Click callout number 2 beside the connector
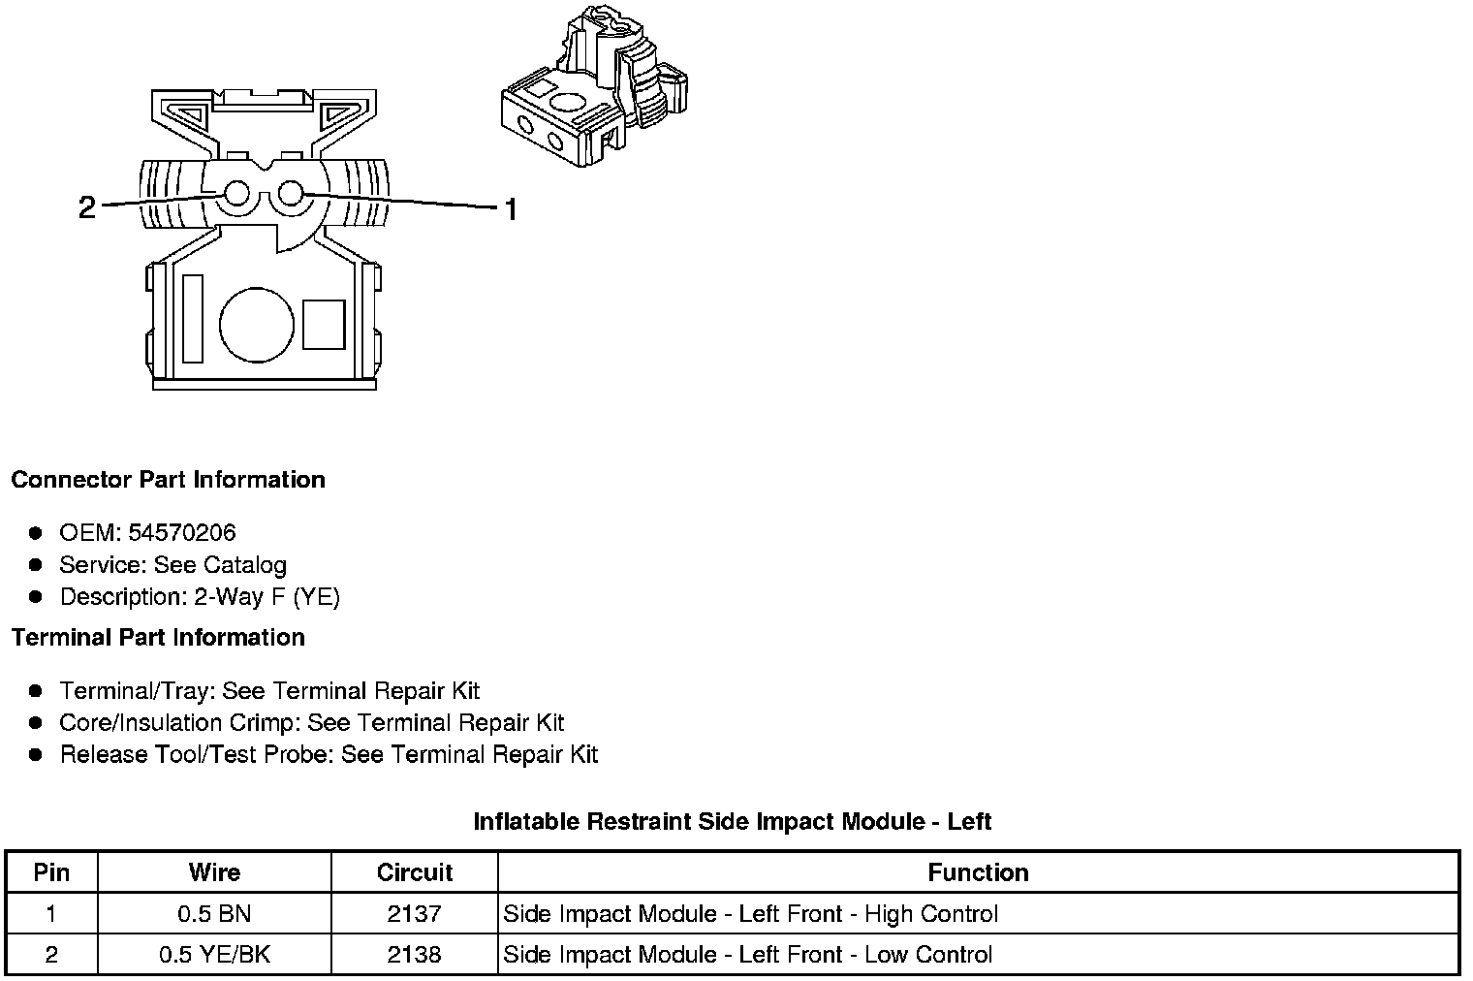tap(87, 207)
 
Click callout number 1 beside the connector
tap(510, 208)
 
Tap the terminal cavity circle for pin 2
tap(237, 195)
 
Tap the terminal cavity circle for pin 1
tap(290, 195)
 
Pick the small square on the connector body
tap(324, 325)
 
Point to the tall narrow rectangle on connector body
tap(192, 319)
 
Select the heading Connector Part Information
tap(168, 480)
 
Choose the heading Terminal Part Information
tap(158, 637)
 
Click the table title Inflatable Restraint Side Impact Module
tap(732, 822)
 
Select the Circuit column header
tap(415, 872)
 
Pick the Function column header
tap(978, 872)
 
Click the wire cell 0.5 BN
tap(214, 913)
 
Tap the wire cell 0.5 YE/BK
tap(214, 954)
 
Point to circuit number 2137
tap(415, 913)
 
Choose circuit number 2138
tap(415, 954)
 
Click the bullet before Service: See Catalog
tap(36, 564)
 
